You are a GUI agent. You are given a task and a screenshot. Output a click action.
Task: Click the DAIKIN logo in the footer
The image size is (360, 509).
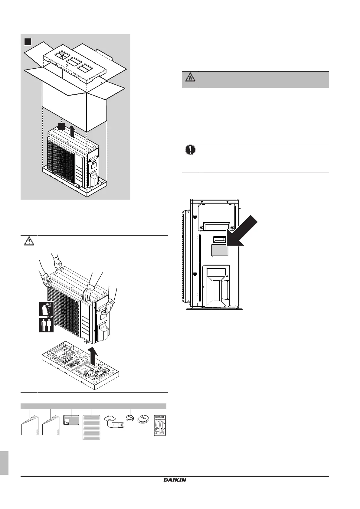175,480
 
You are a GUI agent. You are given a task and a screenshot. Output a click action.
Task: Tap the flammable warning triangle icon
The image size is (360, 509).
190,78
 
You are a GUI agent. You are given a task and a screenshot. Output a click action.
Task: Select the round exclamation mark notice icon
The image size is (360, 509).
190,150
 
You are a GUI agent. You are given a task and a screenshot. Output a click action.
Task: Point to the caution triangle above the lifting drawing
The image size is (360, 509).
29,241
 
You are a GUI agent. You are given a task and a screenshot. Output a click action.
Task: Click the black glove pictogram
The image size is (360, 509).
46,309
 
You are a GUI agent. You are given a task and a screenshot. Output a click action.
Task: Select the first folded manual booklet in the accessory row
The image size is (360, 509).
30,426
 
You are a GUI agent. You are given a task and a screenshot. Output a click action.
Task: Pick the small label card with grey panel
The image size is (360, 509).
71,420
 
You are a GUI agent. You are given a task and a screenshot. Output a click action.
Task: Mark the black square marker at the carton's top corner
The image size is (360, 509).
28,41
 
